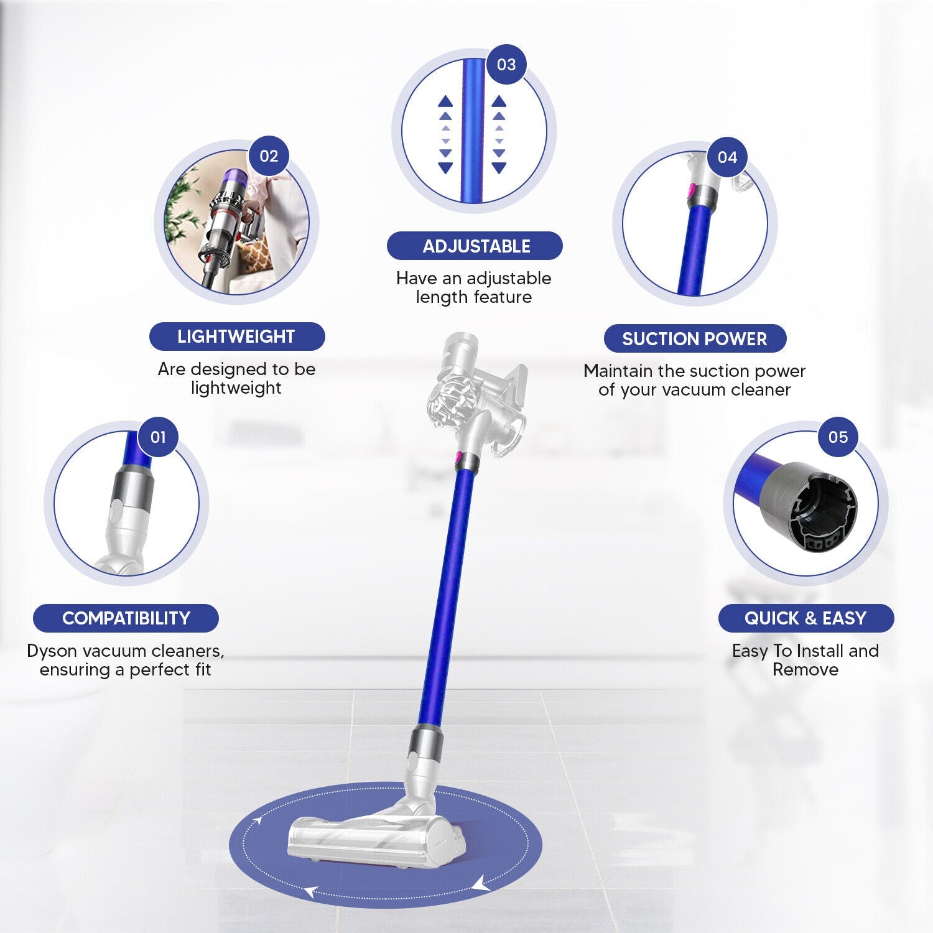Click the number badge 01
tap(158, 437)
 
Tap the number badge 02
tap(269, 155)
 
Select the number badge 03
tap(506, 64)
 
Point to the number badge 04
tap(727, 157)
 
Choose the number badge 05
tap(838, 437)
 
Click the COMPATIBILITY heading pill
tap(126, 618)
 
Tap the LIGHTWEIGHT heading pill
tap(236, 337)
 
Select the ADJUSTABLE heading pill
tap(475, 246)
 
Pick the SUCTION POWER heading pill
tap(695, 339)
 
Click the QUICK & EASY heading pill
tap(805, 618)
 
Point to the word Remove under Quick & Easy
tap(805, 669)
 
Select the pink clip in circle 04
tap(690, 190)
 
